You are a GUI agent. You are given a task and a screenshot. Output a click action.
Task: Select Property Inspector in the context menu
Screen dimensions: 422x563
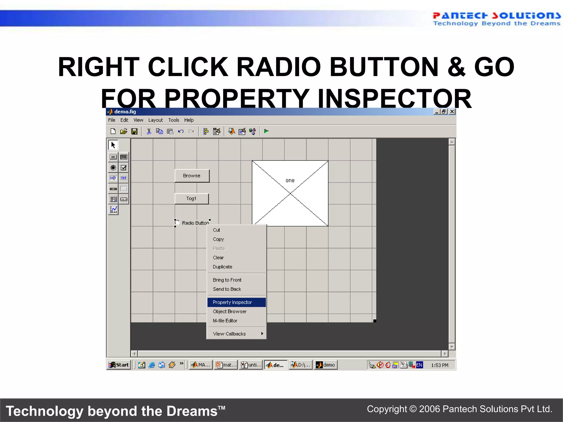click(232, 302)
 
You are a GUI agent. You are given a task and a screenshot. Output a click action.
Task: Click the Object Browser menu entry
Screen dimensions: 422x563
click(230, 312)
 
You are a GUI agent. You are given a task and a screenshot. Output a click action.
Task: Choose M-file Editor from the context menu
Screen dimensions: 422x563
click(225, 321)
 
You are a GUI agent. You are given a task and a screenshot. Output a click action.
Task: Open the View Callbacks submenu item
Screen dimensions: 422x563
click(229, 334)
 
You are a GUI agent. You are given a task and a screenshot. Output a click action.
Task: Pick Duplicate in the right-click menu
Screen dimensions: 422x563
click(222, 267)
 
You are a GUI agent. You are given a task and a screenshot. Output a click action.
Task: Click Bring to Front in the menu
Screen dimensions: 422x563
click(227, 280)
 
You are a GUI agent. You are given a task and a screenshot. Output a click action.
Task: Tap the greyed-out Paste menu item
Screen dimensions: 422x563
click(219, 248)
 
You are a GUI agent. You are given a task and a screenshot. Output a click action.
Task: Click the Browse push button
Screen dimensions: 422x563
click(192, 176)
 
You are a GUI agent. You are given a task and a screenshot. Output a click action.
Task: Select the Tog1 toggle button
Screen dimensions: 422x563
click(191, 199)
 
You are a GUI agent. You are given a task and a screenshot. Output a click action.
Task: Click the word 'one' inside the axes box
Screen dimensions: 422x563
click(290, 181)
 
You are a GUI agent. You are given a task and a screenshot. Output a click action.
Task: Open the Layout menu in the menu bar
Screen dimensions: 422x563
click(156, 120)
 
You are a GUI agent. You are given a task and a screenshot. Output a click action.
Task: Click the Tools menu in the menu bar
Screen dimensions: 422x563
click(174, 120)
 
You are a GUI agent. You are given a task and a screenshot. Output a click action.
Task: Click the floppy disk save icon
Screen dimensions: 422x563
click(134, 131)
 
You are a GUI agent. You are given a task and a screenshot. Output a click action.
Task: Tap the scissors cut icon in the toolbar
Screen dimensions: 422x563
click(149, 131)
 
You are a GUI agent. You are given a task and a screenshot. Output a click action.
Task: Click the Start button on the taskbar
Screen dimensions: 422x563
click(119, 365)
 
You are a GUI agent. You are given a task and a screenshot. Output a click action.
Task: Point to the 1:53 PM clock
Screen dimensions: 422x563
click(440, 365)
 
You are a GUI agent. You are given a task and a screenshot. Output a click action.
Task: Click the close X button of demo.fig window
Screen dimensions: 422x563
click(452, 112)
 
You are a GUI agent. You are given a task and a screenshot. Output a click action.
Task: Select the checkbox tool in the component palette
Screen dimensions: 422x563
click(124, 168)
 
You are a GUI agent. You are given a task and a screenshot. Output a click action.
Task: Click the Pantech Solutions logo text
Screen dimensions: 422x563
click(496, 16)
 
